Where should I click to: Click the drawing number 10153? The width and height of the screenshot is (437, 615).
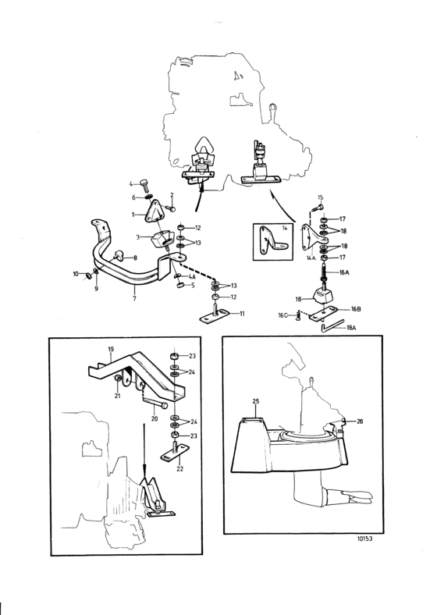365,539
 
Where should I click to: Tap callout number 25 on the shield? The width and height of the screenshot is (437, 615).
256,401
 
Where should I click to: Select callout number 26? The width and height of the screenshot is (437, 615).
360,421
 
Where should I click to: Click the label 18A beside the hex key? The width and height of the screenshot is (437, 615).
351,328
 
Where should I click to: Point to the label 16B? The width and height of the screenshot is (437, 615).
355,309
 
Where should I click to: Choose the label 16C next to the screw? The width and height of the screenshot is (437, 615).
282,315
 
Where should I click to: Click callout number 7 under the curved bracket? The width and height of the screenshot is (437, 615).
134,299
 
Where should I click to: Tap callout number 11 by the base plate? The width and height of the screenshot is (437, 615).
242,314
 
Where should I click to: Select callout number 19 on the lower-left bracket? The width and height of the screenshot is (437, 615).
111,349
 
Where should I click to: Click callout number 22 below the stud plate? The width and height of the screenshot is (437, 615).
180,469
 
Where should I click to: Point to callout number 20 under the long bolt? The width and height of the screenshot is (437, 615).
155,419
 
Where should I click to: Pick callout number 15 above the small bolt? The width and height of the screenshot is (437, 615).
321,197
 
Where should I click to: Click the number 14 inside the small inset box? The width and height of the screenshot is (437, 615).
283,227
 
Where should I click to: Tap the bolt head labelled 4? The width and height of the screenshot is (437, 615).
144,183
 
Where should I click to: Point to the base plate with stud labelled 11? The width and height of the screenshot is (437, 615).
214,315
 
